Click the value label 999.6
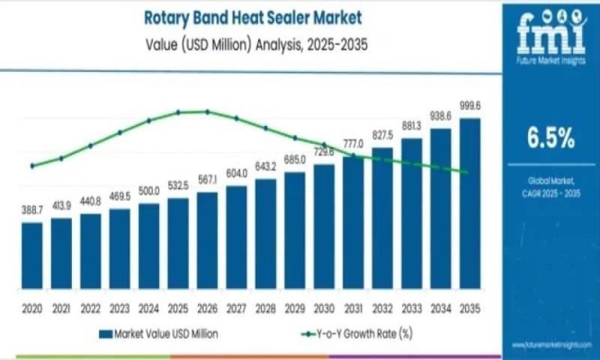click(470, 106)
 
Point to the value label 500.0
click(148, 192)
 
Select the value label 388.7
click(31, 211)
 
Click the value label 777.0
click(353, 143)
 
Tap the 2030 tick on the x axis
click(324, 308)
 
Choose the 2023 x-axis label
click(119, 308)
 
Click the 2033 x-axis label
click(412, 308)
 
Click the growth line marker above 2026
click(207, 112)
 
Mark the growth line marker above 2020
click(31, 166)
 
